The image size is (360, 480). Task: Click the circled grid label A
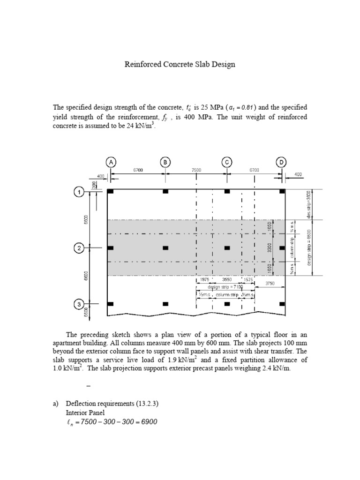point(111,162)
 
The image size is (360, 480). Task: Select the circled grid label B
point(165,162)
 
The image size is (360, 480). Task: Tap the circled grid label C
point(227,162)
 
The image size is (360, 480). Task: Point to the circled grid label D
point(281,162)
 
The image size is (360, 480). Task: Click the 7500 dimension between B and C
point(196,171)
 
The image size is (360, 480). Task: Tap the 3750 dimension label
point(270,283)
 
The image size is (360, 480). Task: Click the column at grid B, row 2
point(165,248)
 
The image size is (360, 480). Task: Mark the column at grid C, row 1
point(227,192)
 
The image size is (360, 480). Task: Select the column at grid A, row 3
point(111,304)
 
